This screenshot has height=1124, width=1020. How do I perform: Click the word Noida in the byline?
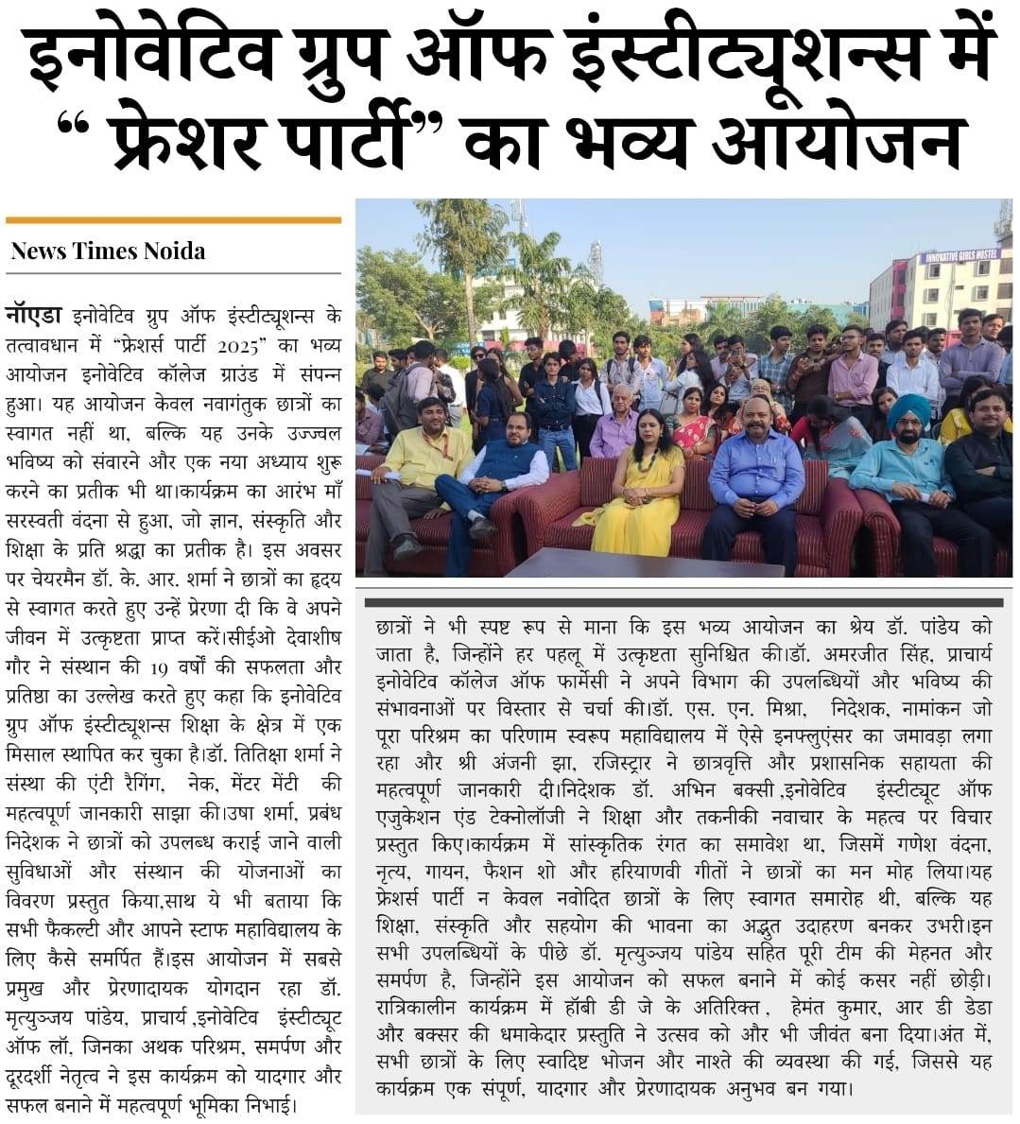coord(174,251)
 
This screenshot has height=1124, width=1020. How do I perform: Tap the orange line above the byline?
coord(173,220)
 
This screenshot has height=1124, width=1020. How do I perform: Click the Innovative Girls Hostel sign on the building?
coord(959,256)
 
